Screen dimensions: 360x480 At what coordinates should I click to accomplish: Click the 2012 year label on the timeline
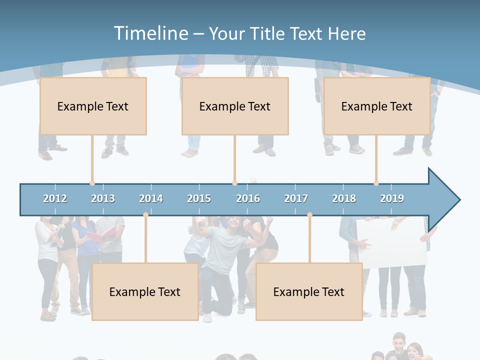(55, 198)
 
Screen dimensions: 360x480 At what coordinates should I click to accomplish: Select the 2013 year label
(103, 198)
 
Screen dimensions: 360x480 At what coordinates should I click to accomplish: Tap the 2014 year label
(151, 198)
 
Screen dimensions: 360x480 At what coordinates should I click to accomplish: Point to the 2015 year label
(199, 198)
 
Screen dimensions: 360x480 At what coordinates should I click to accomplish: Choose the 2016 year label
(248, 198)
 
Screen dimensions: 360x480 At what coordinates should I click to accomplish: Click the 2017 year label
(296, 198)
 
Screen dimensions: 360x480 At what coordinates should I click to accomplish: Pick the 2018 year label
(344, 198)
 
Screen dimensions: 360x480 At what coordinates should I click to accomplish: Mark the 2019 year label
(392, 198)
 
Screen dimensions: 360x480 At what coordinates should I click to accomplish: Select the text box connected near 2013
(93, 106)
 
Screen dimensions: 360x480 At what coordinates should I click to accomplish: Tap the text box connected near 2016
(235, 106)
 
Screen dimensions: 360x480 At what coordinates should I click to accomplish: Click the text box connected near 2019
(377, 106)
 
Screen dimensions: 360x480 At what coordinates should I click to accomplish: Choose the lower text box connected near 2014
(145, 291)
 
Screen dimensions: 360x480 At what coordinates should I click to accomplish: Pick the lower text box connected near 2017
(309, 291)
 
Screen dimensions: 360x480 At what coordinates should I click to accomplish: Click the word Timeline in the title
(150, 33)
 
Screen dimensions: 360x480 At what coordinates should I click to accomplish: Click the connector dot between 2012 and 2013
(92, 183)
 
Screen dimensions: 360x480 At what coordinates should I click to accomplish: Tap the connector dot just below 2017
(309, 215)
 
